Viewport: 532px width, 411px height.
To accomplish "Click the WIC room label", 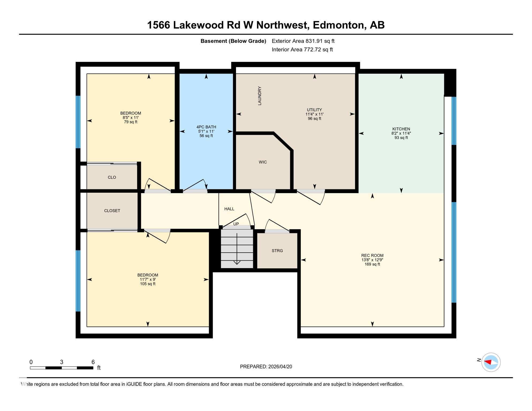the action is [x=263, y=162].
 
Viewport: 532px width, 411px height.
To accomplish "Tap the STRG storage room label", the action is [x=277, y=251].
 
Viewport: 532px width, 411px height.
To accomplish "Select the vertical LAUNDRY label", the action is [x=259, y=96].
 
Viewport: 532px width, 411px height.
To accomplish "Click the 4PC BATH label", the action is [x=206, y=127].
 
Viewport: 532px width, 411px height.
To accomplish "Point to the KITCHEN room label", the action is [x=401, y=129].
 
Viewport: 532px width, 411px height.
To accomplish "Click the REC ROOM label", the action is [x=372, y=256].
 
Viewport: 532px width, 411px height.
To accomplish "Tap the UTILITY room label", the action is [x=314, y=110].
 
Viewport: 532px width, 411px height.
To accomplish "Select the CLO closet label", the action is [x=112, y=177].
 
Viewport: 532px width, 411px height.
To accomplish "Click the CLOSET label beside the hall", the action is [x=112, y=211].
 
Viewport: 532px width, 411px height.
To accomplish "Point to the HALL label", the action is [x=229, y=209].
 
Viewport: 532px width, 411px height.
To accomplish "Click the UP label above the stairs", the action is [x=236, y=224].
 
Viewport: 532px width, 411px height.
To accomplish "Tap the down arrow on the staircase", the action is [x=237, y=249].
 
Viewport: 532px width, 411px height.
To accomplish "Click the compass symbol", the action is [x=491, y=362].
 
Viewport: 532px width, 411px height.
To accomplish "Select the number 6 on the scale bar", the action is [x=93, y=362].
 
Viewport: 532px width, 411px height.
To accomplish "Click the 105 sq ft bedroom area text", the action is [x=148, y=284].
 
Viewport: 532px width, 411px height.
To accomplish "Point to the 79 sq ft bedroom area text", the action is [x=131, y=122].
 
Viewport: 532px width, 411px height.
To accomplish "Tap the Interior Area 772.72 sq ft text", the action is [x=302, y=50].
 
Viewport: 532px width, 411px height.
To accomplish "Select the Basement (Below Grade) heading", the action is [x=233, y=41].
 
